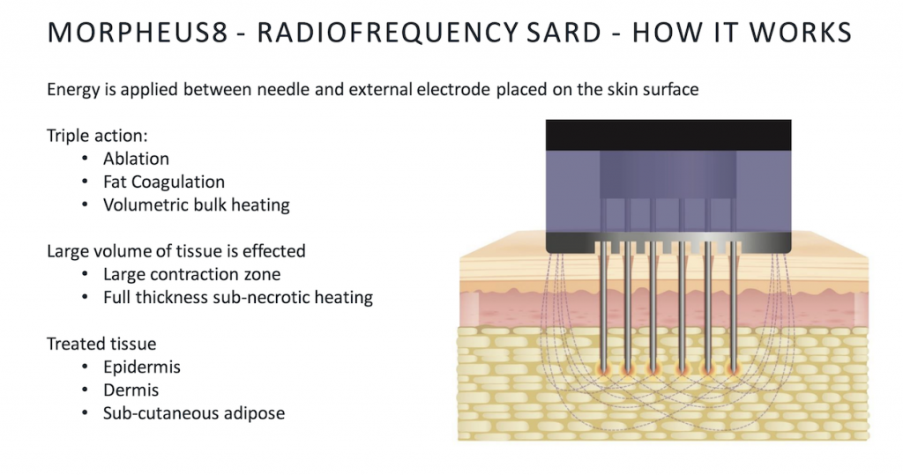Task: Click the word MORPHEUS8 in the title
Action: pyautogui.click(x=138, y=33)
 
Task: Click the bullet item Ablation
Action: pyautogui.click(x=136, y=159)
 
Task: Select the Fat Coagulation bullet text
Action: pyautogui.click(x=164, y=182)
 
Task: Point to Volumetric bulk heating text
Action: pyautogui.click(x=197, y=205)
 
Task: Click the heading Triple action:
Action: pyautogui.click(x=97, y=136)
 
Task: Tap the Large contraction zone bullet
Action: pyautogui.click(x=191, y=274)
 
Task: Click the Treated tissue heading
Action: pyautogui.click(x=101, y=344)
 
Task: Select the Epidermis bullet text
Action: pyautogui.click(x=142, y=367)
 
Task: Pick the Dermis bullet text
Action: pyautogui.click(x=131, y=390)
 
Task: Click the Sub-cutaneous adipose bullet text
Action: pyautogui.click(x=194, y=412)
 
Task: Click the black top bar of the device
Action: pyautogui.click(x=668, y=136)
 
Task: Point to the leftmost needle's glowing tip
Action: pyautogui.click(x=603, y=368)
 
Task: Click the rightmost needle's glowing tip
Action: pyautogui.click(x=734, y=368)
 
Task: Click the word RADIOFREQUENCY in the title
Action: pyautogui.click(x=388, y=33)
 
